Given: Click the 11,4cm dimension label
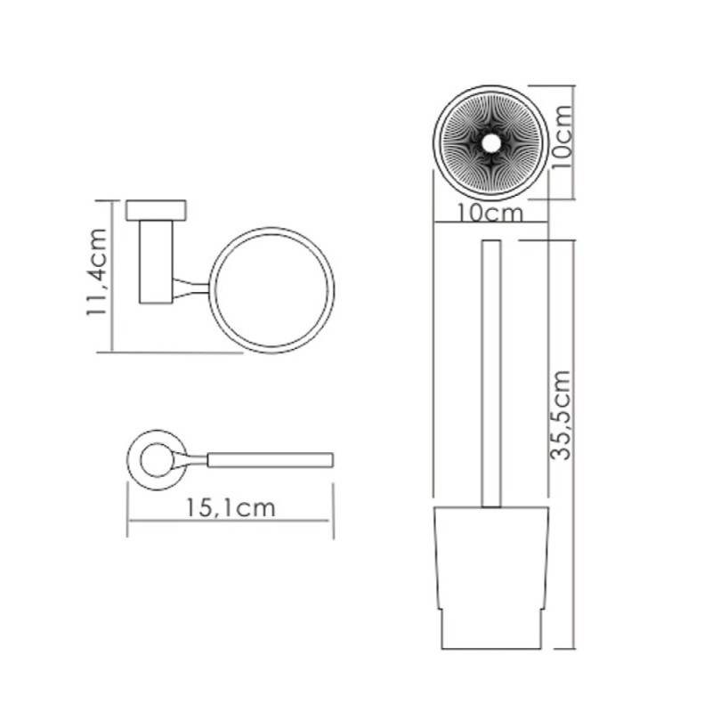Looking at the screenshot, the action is coord(97,272).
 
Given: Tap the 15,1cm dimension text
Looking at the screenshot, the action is coord(231,508).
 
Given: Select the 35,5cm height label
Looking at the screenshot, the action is coord(560,416).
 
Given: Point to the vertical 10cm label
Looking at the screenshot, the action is coord(562,137).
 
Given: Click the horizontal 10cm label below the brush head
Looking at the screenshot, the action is coord(490,213).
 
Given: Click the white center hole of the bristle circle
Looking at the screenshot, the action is coord(490,143).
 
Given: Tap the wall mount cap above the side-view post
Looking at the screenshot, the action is coord(156,210).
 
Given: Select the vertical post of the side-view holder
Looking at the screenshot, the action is coord(156,262).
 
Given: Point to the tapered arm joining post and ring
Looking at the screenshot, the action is coord(190,288).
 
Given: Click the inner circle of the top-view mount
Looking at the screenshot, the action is coord(157,460).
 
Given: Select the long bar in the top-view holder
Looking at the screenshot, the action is coord(271,460).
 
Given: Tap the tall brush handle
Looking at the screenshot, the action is coord(491,373).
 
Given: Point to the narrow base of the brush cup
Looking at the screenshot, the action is coord(491,629).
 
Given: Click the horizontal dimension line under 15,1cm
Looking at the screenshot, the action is coord(231,521).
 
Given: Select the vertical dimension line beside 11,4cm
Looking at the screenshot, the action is coord(112,276).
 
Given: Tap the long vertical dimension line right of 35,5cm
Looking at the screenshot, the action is coord(574,444).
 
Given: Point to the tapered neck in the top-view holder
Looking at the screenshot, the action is coord(190,460).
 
